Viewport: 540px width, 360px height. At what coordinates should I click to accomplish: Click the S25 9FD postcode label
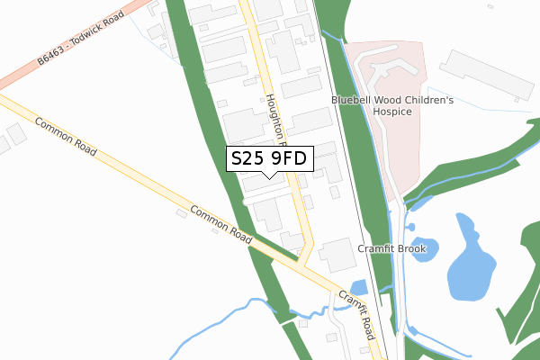tap(269, 158)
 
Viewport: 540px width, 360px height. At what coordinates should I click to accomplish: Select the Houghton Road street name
tap(274, 121)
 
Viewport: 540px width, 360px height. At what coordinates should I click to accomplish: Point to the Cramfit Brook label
tap(391, 249)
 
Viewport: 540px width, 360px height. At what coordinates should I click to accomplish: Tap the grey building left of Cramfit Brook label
tap(337, 256)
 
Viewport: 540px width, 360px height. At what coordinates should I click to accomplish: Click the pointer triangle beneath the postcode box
tap(269, 175)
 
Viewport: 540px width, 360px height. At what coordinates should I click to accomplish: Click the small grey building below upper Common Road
tap(182, 213)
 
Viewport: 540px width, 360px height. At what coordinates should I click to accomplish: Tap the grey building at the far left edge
tap(15, 135)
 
